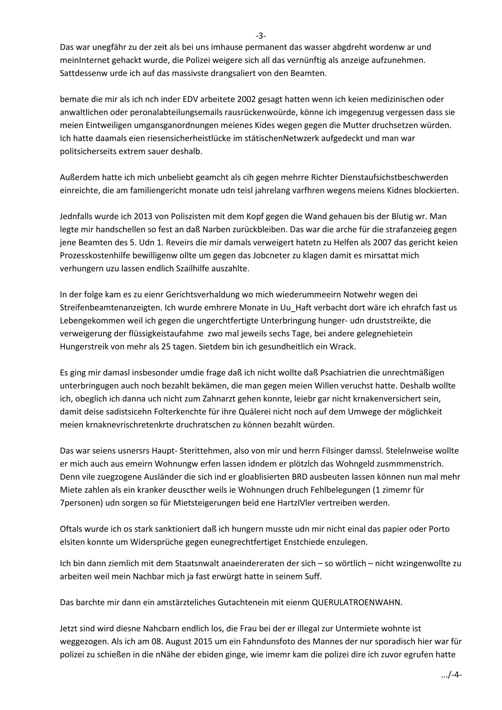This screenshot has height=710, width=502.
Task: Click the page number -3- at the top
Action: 261,36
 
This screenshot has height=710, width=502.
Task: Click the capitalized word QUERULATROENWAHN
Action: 356,602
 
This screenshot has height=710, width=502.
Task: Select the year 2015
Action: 170,641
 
